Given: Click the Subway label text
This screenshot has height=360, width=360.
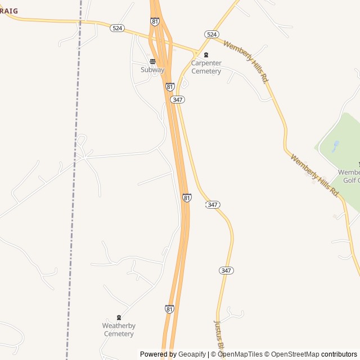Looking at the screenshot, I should pyautogui.click(x=152, y=70).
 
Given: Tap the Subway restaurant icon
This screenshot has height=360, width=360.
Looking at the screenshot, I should pyautogui.click(x=152, y=61).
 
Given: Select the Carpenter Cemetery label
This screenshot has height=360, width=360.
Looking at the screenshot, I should pyautogui.click(x=206, y=67).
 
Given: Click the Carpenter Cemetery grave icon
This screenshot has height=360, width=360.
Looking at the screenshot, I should pyautogui.click(x=206, y=55).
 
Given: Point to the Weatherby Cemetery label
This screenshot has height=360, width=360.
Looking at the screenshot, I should pyautogui.click(x=119, y=330).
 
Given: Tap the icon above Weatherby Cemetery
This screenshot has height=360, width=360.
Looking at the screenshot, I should pyautogui.click(x=119, y=318).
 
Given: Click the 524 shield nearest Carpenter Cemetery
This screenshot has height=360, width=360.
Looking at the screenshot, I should pyautogui.click(x=211, y=34).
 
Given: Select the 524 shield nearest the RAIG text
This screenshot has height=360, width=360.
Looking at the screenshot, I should pyautogui.click(x=117, y=28).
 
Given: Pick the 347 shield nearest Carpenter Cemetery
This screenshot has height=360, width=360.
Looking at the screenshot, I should pyautogui.click(x=178, y=99).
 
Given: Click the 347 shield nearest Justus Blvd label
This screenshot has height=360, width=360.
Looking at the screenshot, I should pyautogui.click(x=226, y=271).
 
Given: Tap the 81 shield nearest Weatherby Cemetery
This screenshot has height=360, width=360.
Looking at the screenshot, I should pyautogui.click(x=169, y=309).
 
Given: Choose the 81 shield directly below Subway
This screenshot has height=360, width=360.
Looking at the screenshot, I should pyautogui.click(x=170, y=87).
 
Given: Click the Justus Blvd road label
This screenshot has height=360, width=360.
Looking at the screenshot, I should pyautogui.click(x=220, y=335).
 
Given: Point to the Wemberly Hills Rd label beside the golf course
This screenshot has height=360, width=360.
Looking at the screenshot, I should pyautogui.click(x=315, y=175).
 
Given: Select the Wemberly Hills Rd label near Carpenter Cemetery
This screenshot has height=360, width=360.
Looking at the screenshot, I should pyautogui.click(x=245, y=62).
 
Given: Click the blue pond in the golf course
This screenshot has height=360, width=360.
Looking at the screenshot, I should pyautogui.click(x=336, y=146).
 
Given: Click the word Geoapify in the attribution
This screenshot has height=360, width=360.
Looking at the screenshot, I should pyautogui.click(x=192, y=354).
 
